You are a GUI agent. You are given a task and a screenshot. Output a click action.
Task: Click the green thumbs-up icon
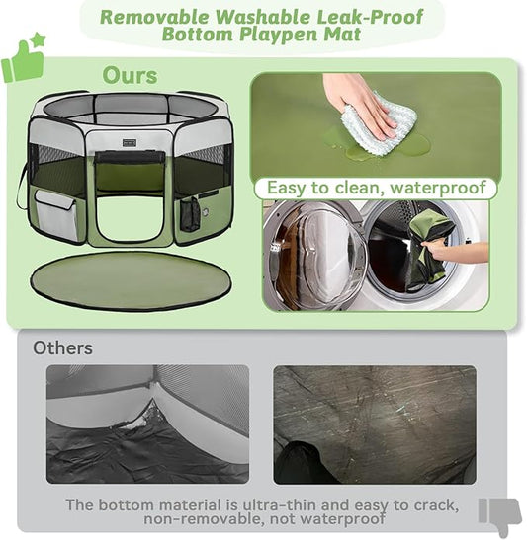click(x=21, y=63)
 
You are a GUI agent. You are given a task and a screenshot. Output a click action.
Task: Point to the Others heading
click(x=62, y=347)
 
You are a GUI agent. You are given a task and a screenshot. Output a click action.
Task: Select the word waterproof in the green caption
click(x=441, y=187)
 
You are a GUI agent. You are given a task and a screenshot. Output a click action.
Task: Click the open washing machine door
click(x=314, y=256)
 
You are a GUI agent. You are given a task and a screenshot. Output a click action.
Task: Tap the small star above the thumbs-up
click(x=38, y=40)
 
